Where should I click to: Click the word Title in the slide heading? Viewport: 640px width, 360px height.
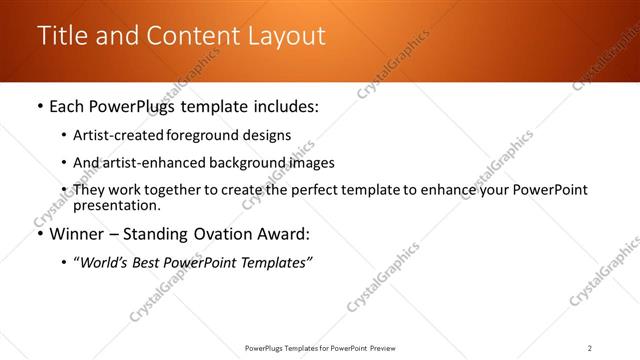tap(60, 36)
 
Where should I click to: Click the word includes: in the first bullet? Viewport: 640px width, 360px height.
tap(280, 105)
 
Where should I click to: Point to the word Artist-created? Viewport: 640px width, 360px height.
tap(112, 134)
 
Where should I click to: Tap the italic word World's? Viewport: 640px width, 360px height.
tap(104, 262)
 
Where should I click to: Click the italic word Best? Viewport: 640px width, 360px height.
tap(149, 262)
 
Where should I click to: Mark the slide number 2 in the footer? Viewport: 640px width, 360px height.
tap(589, 348)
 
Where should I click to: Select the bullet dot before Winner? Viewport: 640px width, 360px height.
tap(39, 235)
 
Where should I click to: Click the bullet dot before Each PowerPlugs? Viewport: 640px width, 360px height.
tap(39, 105)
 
